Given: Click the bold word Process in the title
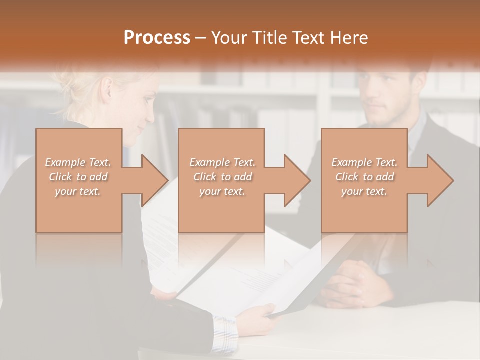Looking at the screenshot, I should pyautogui.click(x=157, y=38).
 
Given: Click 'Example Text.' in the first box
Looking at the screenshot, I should pyautogui.click(x=78, y=162).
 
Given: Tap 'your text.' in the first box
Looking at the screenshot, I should pyautogui.click(x=78, y=191).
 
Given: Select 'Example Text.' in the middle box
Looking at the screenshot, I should pyautogui.click(x=222, y=162).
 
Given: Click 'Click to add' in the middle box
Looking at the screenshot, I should pyautogui.click(x=222, y=177).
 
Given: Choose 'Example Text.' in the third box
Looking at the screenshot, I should pyautogui.click(x=364, y=162).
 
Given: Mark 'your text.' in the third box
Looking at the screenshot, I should pyautogui.click(x=364, y=191).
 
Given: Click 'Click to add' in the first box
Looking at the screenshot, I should pyautogui.click(x=78, y=177).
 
